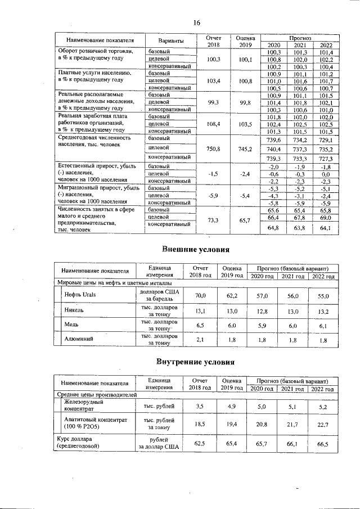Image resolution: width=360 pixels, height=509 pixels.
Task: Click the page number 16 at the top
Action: pyautogui.click(x=196, y=23)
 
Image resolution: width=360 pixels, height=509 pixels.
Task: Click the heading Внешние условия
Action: pyautogui.click(x=196, y=249)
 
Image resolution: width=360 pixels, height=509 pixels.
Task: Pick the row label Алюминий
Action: pyautogui.click(x=79, y=339)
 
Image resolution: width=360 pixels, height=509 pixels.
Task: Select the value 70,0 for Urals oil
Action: pyautogui.click(x=200, y=295)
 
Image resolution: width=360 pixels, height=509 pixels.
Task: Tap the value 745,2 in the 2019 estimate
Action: pyautogui.click(x=244, y=150)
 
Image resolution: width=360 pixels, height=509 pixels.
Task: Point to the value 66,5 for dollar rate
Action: pyautogui.click(x=322, y=444)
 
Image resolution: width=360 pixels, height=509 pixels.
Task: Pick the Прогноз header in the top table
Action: pyautogui.click(x=298, y=37)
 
